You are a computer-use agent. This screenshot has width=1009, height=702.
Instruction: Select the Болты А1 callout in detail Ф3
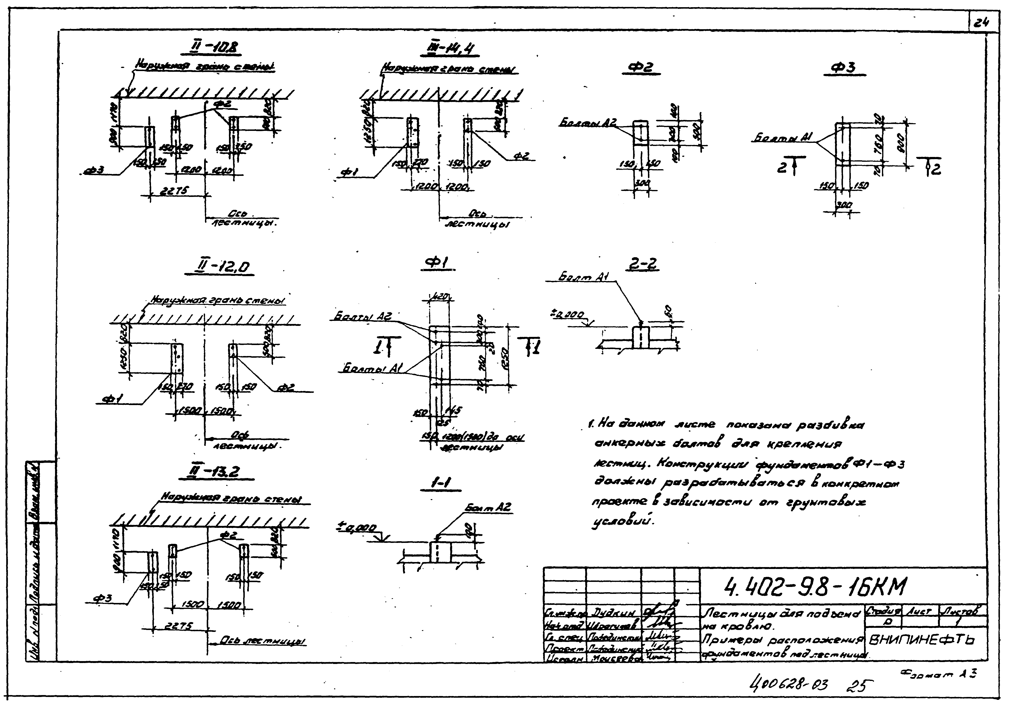(x=782, y=139)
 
